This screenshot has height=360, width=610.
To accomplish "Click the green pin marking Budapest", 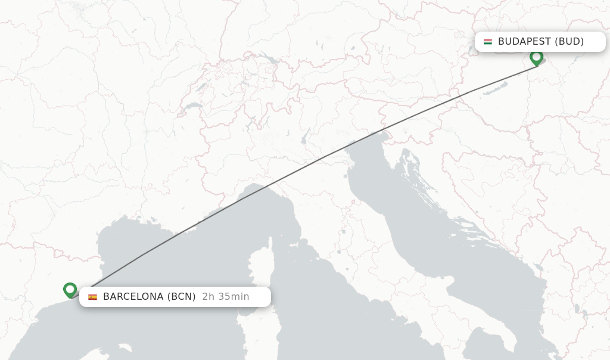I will pyautogui.click(x=536, y=58).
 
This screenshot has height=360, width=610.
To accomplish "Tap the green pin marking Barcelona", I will pyautogui.click(x=70, y=290).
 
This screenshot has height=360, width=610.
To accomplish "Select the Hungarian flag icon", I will pyautogui.click(x=488, y=42).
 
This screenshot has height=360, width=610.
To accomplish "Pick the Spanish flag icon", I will pyautogui.click(x=92, y=297).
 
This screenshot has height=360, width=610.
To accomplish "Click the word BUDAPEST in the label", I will pyautogui.click(x=524, y=42).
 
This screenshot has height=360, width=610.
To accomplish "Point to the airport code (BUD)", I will pyautogui.click(x=569, y=42).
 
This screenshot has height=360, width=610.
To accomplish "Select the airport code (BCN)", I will pyautogui.click(x=181, y=297).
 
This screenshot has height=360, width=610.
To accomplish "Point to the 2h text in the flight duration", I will pyautogui.click(x=208, y=297).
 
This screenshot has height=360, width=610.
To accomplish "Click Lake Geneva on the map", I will pyautogui.click(x=192, y=107).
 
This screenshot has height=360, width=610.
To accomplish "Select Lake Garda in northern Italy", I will pyautogui.click(x=304, y=139).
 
